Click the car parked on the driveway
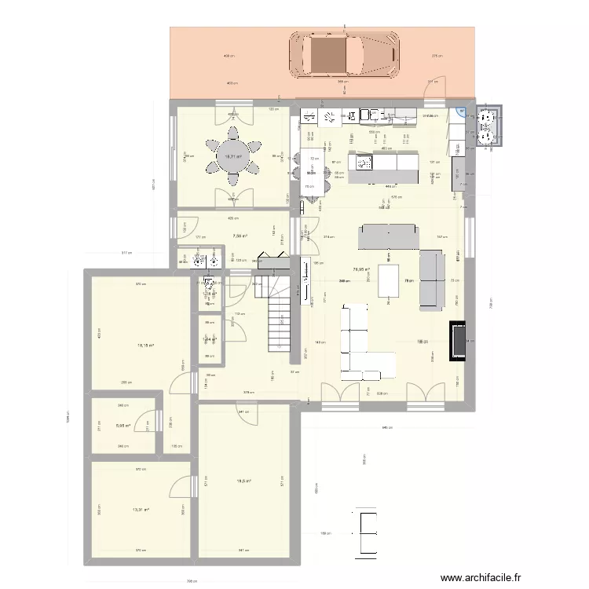point(344,57)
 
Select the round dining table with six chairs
point(232,156)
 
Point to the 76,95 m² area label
point(361,269)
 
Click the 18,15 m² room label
point(146,345)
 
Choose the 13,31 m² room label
point(141,510)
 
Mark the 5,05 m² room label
point(122,427)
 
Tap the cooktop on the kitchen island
point(365,163)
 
